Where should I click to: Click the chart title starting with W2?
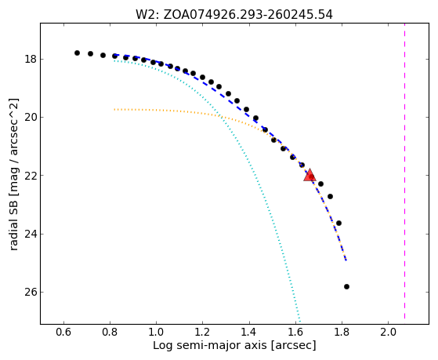pos(234,15)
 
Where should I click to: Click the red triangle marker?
pos(309,176)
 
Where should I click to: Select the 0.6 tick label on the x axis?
pos(63,332)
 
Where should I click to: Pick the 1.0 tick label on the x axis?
pos(156,332)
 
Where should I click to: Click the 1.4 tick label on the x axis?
pos(249,332)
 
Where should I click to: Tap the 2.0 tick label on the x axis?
pos(388,332)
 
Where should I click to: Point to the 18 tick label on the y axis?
pos(31,60)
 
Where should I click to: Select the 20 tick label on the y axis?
pos(31,118)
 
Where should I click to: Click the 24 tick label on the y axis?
pos(31,234)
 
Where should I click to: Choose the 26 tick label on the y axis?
pos(31,292)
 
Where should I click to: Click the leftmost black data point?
pos(77,53)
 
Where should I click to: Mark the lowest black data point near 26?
pos(346,286)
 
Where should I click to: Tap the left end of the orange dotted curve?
pos(114,109)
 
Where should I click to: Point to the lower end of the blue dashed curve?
pos(346,260)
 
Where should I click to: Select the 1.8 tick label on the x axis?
pos(342,332)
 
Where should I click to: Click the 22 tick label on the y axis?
pos(31,176)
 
